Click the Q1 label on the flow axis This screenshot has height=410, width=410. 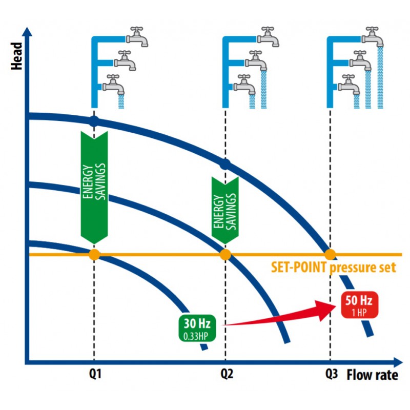pyautogui.click(x=95, y=374)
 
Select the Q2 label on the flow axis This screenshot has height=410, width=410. pyautogui.click(x=227, y=374)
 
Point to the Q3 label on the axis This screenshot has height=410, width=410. pyautogui.click(x=331, y=374)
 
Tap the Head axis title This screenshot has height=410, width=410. pyautogui.click(x=16, y=56)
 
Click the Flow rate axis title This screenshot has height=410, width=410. pyautogui.click(x=373, y=375)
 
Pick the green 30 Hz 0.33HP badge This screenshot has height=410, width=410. pyautogui.click(x=197, y=328)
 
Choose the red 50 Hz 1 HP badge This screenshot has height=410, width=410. pyautogui.click(x=360, y=305)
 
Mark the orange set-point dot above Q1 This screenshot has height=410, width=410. pyautogui.click(x=94, y=254)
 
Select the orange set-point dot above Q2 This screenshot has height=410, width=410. pyautogui.click(x=225, y=254)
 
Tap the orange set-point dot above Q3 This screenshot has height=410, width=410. pyautogui.click(x=330, y=254)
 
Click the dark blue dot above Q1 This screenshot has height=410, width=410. pyautogui.click(x=94, y=121)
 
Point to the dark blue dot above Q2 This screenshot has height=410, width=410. pyautogui.click(x=225, y=164)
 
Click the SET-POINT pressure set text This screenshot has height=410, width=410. pyautogui.click(x=334, y=268)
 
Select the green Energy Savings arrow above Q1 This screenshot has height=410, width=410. pyautogui.click(x=94, y=188)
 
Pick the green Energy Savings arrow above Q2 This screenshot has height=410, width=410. pyautogui.click(x=225, y=210)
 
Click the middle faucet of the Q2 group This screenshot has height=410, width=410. pyautogui.click(x=256, y=60)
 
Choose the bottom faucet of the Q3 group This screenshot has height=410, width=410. pyautogui.click(x=349, y=85)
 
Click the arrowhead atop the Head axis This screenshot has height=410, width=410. pyautogui.click(x=27, y=31)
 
